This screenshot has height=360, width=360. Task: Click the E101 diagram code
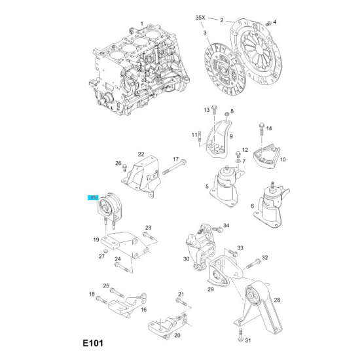point(93,344)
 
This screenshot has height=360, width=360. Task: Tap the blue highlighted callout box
point(93,198)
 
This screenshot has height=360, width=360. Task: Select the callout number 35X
point(200,18)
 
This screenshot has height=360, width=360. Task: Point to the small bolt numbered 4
point(268,24)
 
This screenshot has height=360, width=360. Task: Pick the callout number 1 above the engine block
point(142,24)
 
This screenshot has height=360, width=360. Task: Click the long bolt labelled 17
point(175,167)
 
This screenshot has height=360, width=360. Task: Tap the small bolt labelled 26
point(124,168)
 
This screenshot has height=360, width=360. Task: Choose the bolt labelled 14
point(262,133)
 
